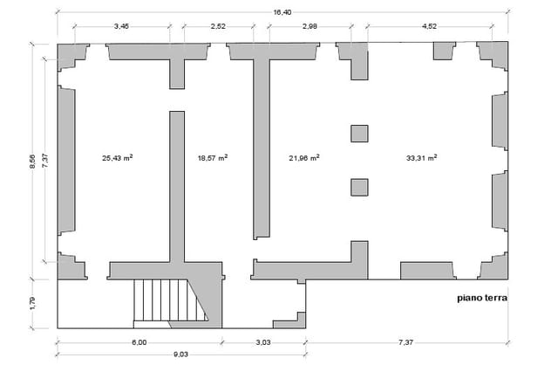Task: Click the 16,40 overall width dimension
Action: pos(282,12)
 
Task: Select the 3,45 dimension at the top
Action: pos(121,26)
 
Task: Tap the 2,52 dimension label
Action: pos(218,26)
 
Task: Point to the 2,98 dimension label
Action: pos(310,26)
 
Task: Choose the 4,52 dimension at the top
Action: pos(429,26)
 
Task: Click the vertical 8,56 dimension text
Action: pos(32,162)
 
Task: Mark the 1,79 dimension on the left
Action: pos(32,303)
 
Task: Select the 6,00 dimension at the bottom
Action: pos(139,343)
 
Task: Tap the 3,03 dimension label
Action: pos(263,343)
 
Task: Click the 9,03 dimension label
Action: pos(180,355)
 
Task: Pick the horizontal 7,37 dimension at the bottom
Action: pos(406,343)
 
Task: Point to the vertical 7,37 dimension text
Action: pos(45,161)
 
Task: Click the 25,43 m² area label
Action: pos(118,158)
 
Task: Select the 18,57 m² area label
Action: pos(213,158)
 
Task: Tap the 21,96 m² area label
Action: pos(304,158)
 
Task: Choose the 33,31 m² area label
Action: pos(422,158)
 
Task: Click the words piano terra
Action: pos(482,299)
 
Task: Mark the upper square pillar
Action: pos(359,134)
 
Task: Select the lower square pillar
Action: pos(359,188)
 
